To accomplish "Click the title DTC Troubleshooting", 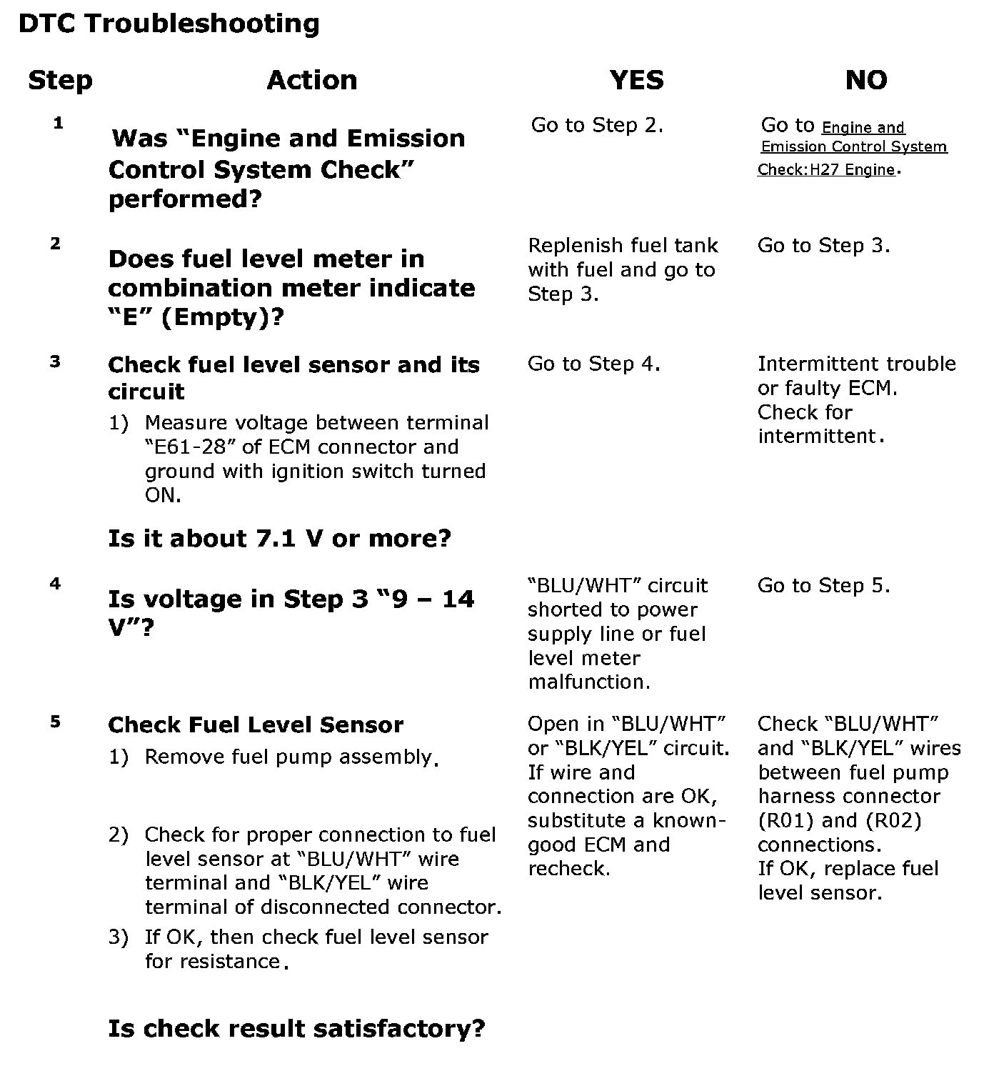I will coord(169,24).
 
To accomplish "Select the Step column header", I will coord(60,80).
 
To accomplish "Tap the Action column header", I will coord(312,80).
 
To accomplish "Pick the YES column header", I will coord(637,80).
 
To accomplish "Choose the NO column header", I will coord(866,80).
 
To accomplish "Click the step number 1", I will coord(59,123).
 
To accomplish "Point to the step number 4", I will coord(56,584).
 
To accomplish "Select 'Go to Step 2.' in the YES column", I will coord(597,126).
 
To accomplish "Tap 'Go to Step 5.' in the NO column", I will coord(823,586).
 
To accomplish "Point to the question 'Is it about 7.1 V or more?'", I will coord(279,538).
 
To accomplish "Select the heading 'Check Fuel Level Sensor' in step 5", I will coord(256,725).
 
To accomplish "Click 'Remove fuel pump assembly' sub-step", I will coord(289,757).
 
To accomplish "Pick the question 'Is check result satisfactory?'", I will coord(296,1029).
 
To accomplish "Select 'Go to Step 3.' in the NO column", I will coord(823,246).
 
